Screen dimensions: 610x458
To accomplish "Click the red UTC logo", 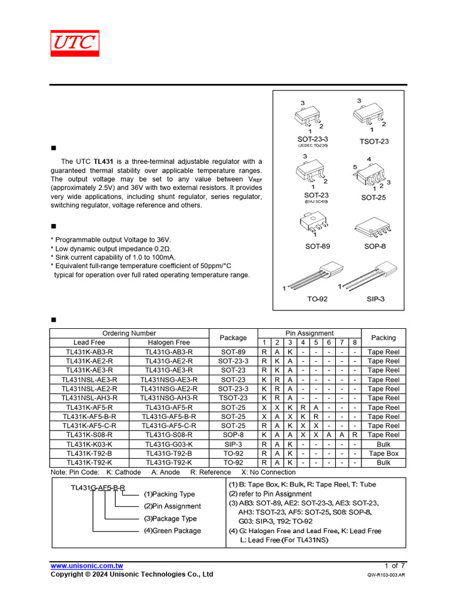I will [75, 43].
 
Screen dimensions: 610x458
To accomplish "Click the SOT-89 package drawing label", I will [317, 246].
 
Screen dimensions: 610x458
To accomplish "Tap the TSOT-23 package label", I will [374, 141].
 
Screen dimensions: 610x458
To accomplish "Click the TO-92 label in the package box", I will [317, 299].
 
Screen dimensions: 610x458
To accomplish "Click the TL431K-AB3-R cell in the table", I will [89, 352].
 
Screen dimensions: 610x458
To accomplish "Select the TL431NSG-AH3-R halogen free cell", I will [169, 398].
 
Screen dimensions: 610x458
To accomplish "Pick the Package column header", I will [233, 338].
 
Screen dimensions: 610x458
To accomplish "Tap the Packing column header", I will [383, 338].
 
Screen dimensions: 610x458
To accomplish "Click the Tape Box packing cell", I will [383, 453].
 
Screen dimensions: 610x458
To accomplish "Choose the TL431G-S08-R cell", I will [169, 435].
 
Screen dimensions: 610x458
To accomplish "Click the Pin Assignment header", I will [310, 334].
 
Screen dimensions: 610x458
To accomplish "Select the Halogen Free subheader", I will [169, 343].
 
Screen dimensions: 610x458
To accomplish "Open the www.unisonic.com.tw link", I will [86, 566].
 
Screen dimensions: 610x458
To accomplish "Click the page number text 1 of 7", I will [395, 565].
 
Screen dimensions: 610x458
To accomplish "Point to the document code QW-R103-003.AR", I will [386, 575].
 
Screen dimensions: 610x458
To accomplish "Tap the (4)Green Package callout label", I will [172, 531].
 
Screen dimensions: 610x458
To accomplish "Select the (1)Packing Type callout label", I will [169, 494].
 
